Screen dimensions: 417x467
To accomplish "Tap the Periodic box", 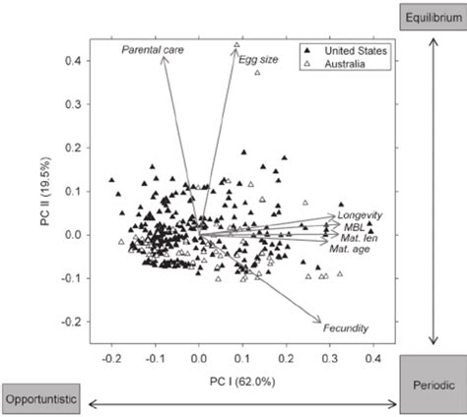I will click(x=433, y=387).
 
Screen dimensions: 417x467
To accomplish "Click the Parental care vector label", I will click(x=153, y=48).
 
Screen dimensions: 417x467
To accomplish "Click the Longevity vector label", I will click(x=360, y=215).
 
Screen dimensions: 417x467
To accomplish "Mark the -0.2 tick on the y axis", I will click(x=72, y=322).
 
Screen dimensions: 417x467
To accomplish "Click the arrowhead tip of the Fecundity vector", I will click(x=323, y=321).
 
